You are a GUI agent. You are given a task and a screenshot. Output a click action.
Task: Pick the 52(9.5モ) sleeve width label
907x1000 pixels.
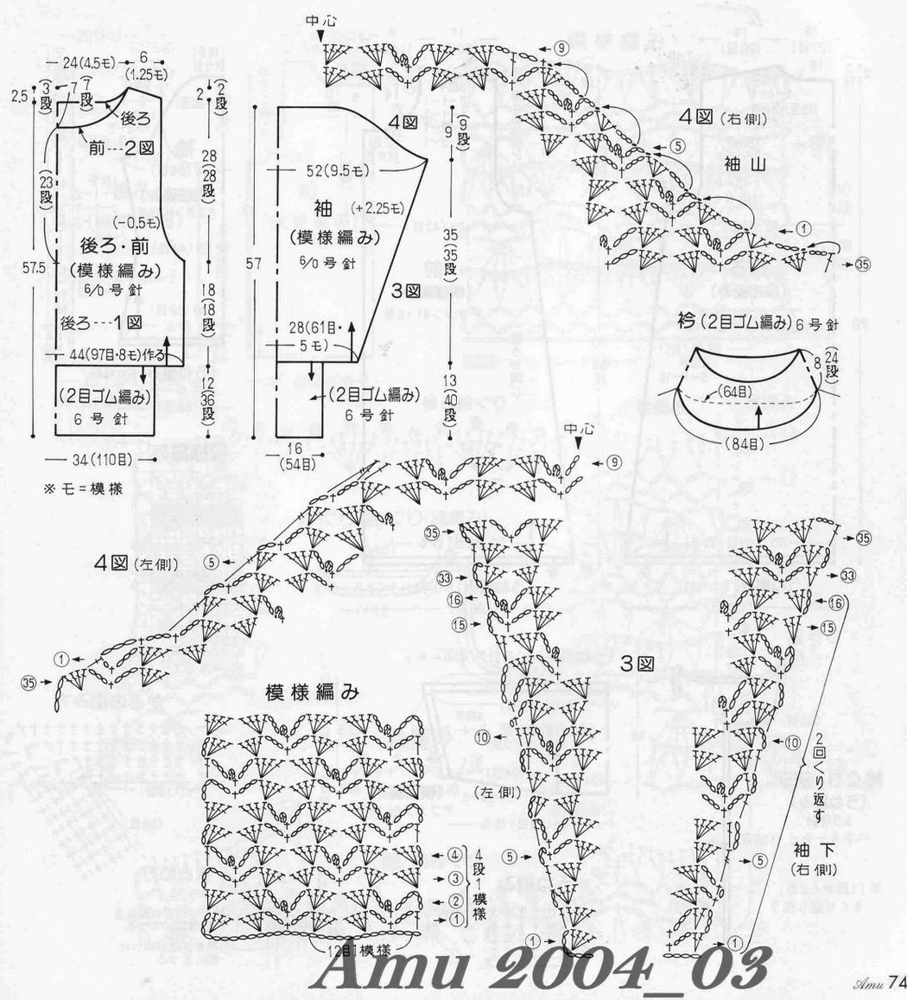[x=338, y=171]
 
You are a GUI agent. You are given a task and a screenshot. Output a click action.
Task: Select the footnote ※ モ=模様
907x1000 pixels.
[x=82, y=487]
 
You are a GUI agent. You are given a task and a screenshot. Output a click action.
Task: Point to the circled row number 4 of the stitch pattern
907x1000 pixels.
[x=455, y=856]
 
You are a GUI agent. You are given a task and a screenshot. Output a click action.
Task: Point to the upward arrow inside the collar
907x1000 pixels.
[x=757, y=417]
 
